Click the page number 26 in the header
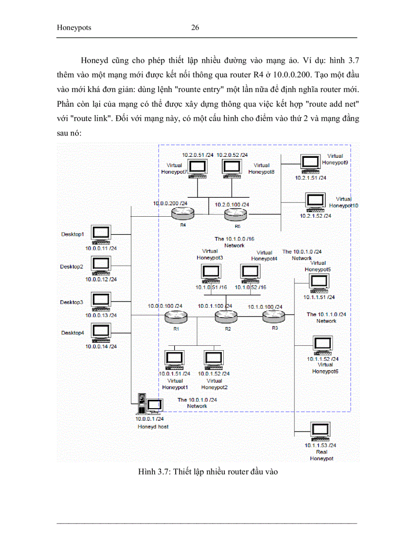pyautogui.click(x=195, y=28)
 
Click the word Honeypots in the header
pyautogui.click(x=74, y=28)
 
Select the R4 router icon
pyautogui.click(x=182, y=213)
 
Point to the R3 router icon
pyautogui.click(x=273, y=317)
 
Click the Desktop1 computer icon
pyautogui.click(x=101, y=235)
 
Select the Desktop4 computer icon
pyautogui.click(x=101, y=333)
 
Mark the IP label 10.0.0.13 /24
pyautogui.click(x=101, y=315)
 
